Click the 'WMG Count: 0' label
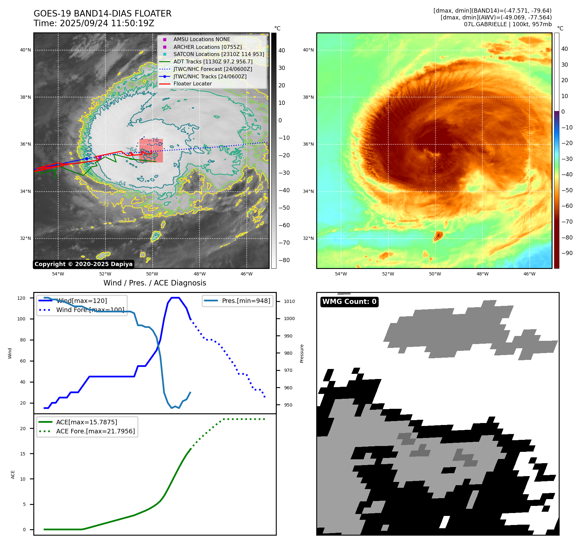click(x=349, y=302)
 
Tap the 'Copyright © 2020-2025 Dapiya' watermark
click(x=83, y=264)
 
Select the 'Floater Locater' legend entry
click(x=192, y=84)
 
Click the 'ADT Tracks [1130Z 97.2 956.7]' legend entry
click(x=213, y=61)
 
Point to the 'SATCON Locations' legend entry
click(x=219, y=54)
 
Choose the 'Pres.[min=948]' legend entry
click(x=246, y=301)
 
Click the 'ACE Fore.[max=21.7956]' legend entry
click(x=95, y=431)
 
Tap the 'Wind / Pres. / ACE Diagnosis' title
click(x=155, y=283)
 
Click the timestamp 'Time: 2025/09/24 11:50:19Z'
click(x=94, y=23)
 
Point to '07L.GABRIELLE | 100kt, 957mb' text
click(x=508, y=24)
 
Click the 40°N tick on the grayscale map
click(x=26, y=50)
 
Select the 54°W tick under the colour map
click(x=341, y=274)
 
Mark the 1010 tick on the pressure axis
click(x=289, y=301)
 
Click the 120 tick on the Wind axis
click(x=21, y=298)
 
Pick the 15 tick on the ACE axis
click(x=23, y=454)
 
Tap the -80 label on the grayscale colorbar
click(x=284, y=260)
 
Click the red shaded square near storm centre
click(x=151, y=151)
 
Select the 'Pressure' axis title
click(x=302, y=353)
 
